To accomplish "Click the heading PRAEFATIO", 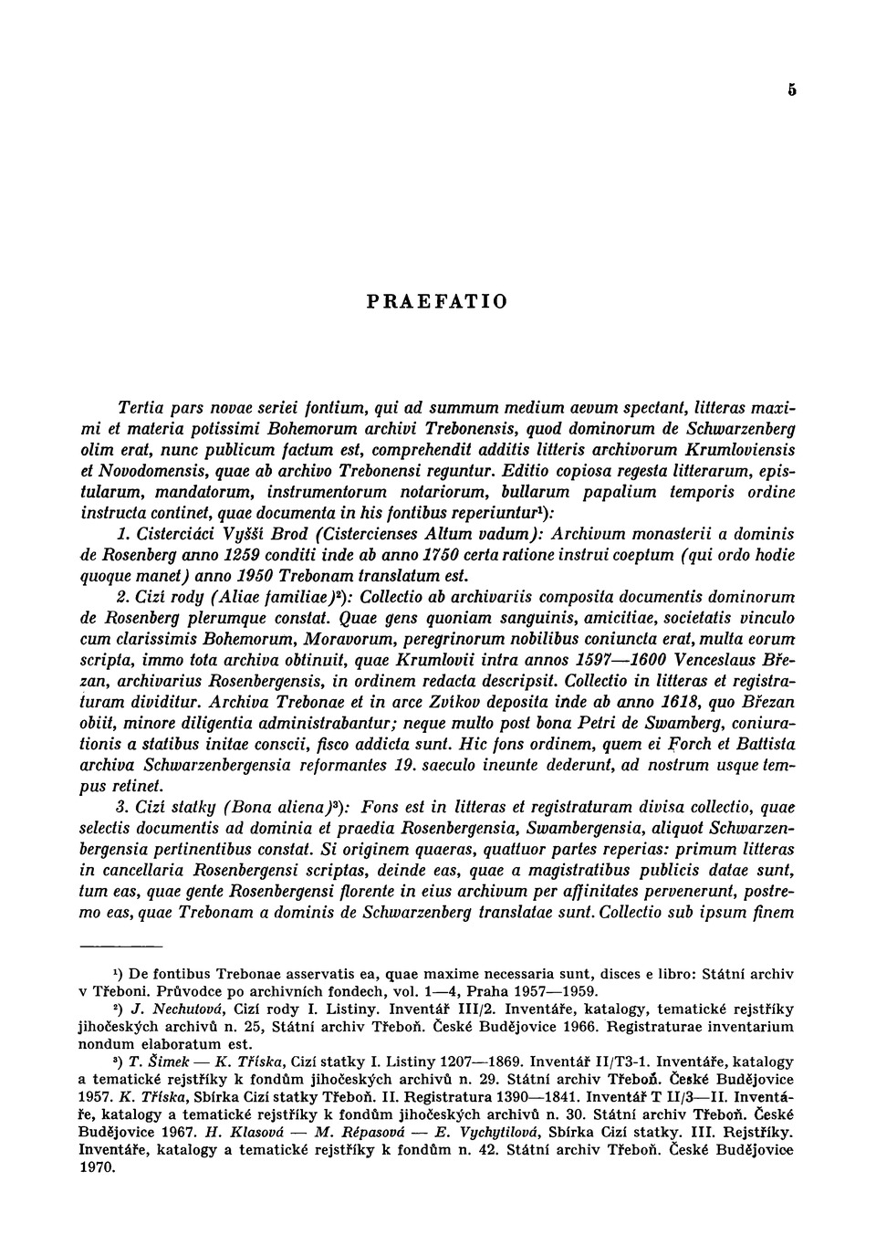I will click(437, 301).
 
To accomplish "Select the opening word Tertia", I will click(141, 407).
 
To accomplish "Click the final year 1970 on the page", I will click(97, 1166).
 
